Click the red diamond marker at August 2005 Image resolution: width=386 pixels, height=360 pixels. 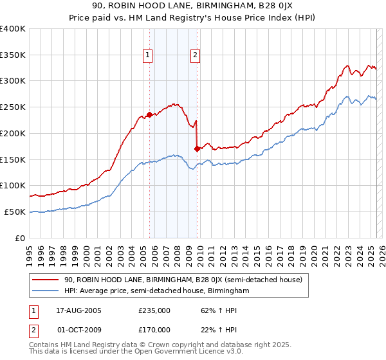pyautogui.click(x=150, y=115)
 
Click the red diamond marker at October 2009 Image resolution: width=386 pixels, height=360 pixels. pyautogui.click(x=197, y=149)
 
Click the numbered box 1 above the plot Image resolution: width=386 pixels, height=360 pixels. pyautogui.click(x=148, y=55)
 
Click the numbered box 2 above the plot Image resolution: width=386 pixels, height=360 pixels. pyautogui.click(x=194, y=55)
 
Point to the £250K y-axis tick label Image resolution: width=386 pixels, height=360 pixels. pyautogui.click(x=13, y=107)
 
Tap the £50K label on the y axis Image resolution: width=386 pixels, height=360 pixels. pyautogui.click(x=15, y=212)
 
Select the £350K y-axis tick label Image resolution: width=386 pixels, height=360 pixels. pyautogui.click(x=13, y=55)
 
